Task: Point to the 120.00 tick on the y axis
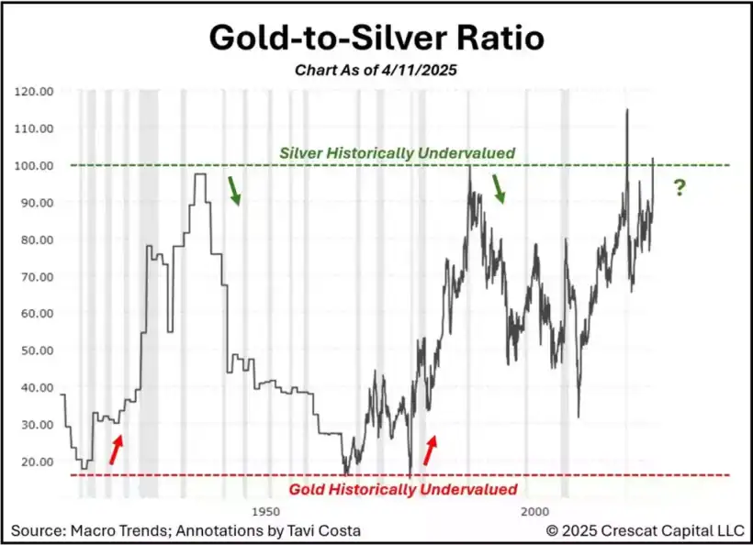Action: tap(35, 92)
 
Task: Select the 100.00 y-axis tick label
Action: tap(35, 166)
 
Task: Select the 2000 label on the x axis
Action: tap(532, 510)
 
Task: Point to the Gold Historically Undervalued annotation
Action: tap(403, 489)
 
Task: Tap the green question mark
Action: tap(679, 188)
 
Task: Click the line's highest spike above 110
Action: tap(627, 111)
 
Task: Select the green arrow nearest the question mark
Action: tap(499, 189)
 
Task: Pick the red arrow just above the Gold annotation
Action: tap(429, 450)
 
